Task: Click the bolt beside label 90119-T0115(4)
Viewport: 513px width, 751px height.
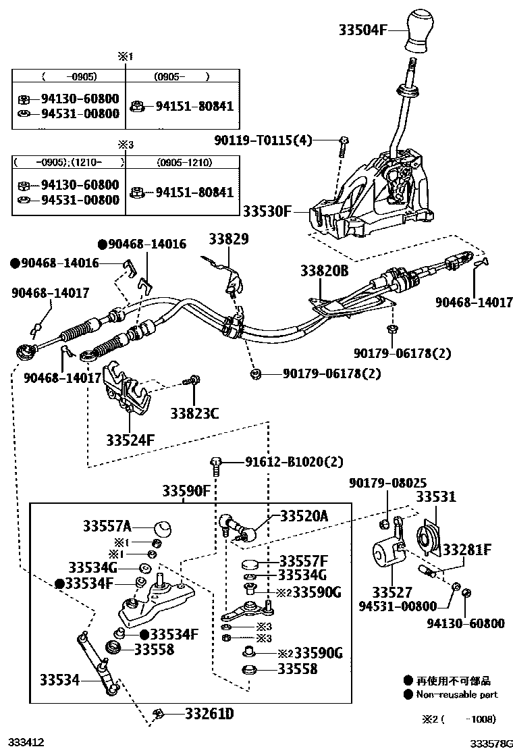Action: [344, 141]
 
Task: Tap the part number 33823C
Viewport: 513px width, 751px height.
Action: [194, 413]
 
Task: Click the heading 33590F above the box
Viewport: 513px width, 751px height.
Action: [186, 491]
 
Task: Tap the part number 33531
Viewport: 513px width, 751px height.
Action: [435, 496]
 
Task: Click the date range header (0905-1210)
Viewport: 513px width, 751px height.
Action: [184, 163]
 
